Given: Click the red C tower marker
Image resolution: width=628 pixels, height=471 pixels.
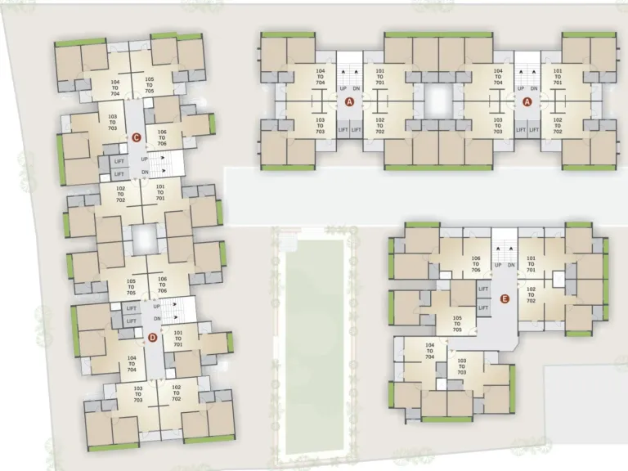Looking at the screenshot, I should click(137, 137).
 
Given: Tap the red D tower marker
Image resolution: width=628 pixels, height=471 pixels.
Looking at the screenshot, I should click(151, 337).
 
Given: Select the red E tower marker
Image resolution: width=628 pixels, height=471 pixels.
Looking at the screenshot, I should click(505, 299).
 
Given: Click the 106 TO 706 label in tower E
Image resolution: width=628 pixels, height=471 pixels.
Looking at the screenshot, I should click(476, 262).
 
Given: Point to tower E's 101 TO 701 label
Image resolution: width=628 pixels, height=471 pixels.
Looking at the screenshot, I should click(532, 262).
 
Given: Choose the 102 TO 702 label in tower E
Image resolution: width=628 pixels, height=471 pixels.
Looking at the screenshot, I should click(532, 295).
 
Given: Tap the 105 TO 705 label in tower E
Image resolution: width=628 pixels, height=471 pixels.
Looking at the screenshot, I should click(458, 323).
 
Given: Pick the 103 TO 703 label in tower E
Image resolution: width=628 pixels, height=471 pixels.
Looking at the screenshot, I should click(462, 366).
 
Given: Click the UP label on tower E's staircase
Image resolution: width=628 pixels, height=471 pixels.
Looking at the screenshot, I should click(496, 264).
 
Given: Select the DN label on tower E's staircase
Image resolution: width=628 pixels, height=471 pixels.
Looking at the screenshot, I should click(511, 264).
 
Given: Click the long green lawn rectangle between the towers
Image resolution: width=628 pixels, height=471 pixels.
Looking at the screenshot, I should click(314, 343).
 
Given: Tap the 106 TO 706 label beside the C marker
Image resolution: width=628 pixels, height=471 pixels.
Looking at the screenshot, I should click(162, 137).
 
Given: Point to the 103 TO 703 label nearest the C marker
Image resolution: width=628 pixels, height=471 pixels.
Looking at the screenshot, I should click(112, 123).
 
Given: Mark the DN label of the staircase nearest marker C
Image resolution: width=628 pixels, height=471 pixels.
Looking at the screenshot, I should click(145, 172).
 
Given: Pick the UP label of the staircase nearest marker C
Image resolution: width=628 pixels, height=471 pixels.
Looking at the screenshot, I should click(145, 159).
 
